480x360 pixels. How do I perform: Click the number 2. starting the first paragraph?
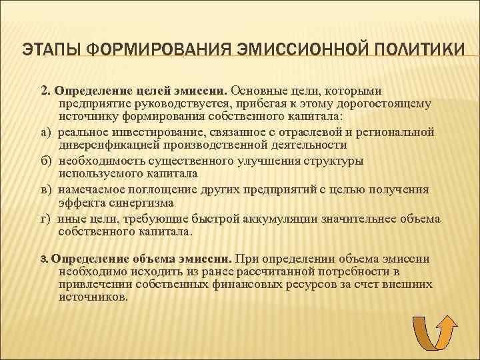pyautogui.click(x=46, y=90)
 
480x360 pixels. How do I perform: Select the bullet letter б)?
pyautogui.click(x=47, y=161)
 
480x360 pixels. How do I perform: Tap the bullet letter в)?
pyautogui.click(x=47, y=189)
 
